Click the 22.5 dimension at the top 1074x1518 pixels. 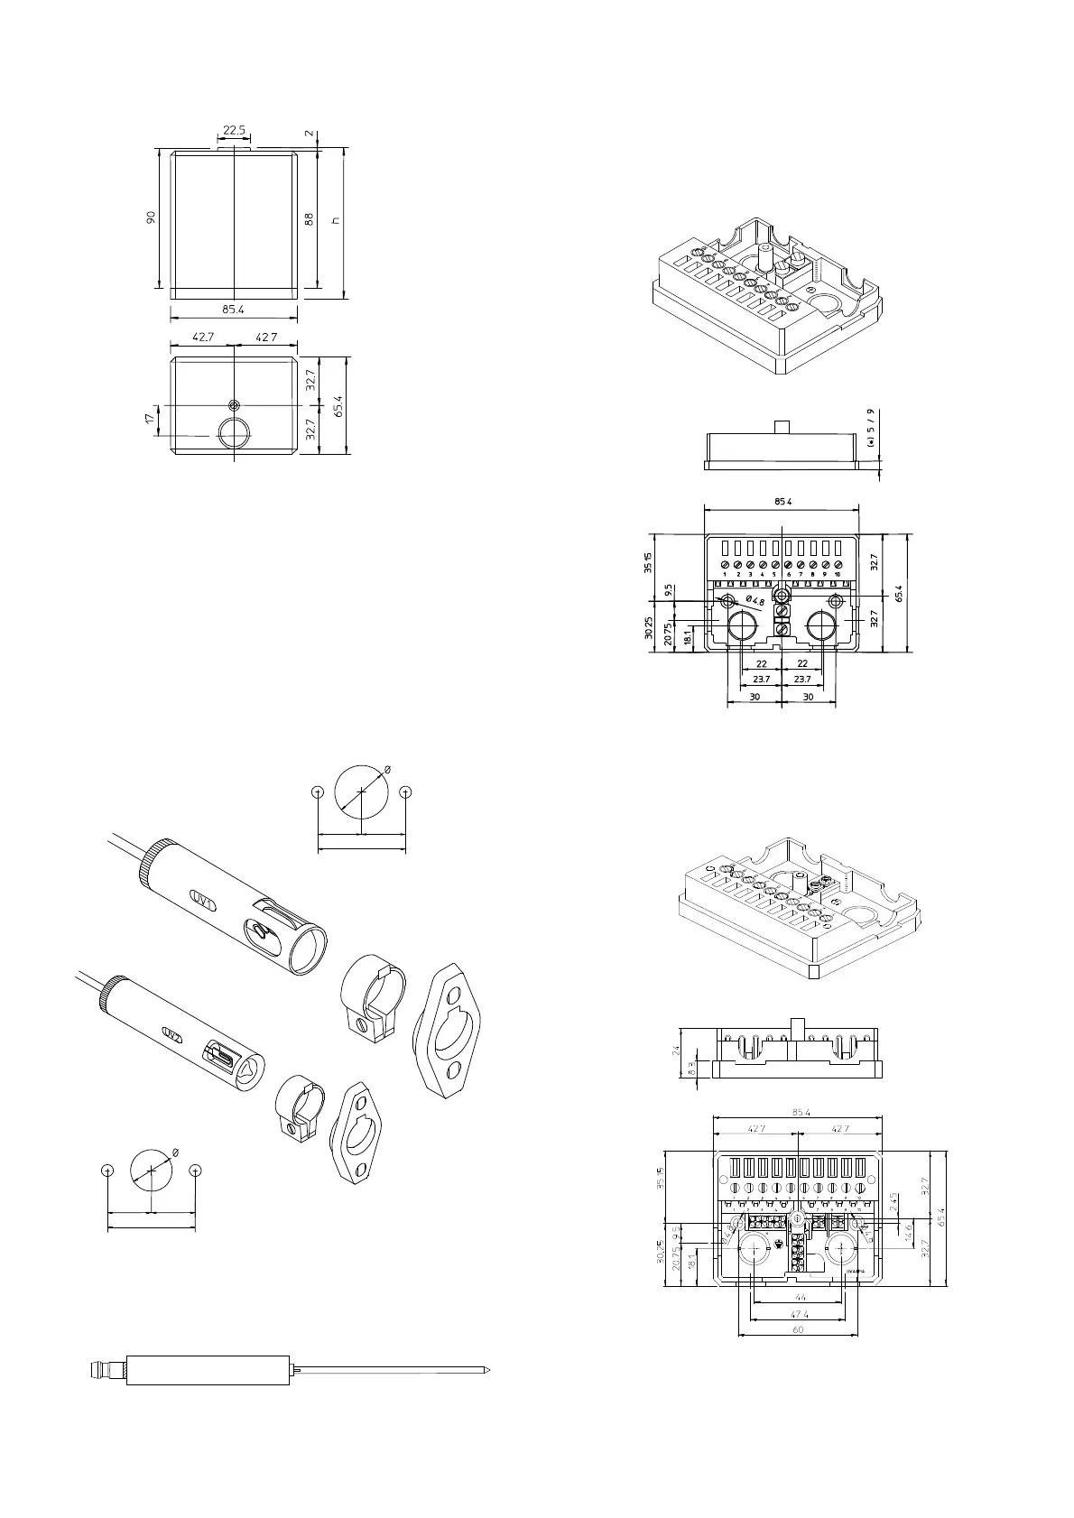[234, 131]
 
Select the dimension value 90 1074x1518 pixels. [152, 218]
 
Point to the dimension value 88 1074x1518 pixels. [309, 218]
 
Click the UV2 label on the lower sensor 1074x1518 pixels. [171, 1032]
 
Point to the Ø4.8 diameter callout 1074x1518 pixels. [755, 601]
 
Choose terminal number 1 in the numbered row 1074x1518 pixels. [725, 574]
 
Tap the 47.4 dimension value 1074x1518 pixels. [799, 1314]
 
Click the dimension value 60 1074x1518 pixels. [798, 1330]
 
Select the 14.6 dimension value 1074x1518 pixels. [908, 1230]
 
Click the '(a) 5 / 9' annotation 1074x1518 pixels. [870, 429]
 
